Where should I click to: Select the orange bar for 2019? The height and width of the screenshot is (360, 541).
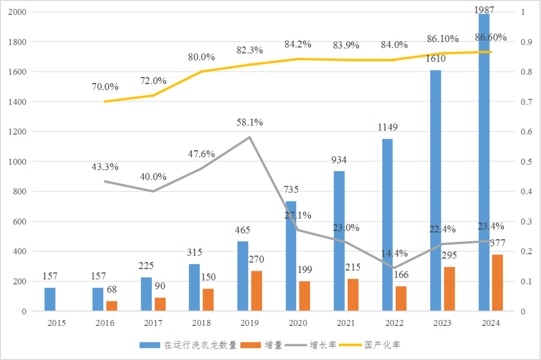tap(256, 291)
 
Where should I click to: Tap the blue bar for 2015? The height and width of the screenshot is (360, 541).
tap(50, 299)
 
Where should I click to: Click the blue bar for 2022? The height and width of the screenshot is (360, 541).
tap(387, 225)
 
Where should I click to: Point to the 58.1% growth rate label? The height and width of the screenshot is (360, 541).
tap(249, 123)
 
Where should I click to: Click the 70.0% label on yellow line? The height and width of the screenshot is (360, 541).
tap(105, 87)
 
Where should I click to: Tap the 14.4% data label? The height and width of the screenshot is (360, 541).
tap(394, 253)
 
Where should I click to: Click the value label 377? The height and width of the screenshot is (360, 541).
tap(497, 243)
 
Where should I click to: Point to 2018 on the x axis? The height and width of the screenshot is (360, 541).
tap(201, 323)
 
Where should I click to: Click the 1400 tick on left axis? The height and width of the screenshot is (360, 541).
tap(18, 102)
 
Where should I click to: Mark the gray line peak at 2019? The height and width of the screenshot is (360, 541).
tap(249, 137)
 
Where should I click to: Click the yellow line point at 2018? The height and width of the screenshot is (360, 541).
tap(201, 72)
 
